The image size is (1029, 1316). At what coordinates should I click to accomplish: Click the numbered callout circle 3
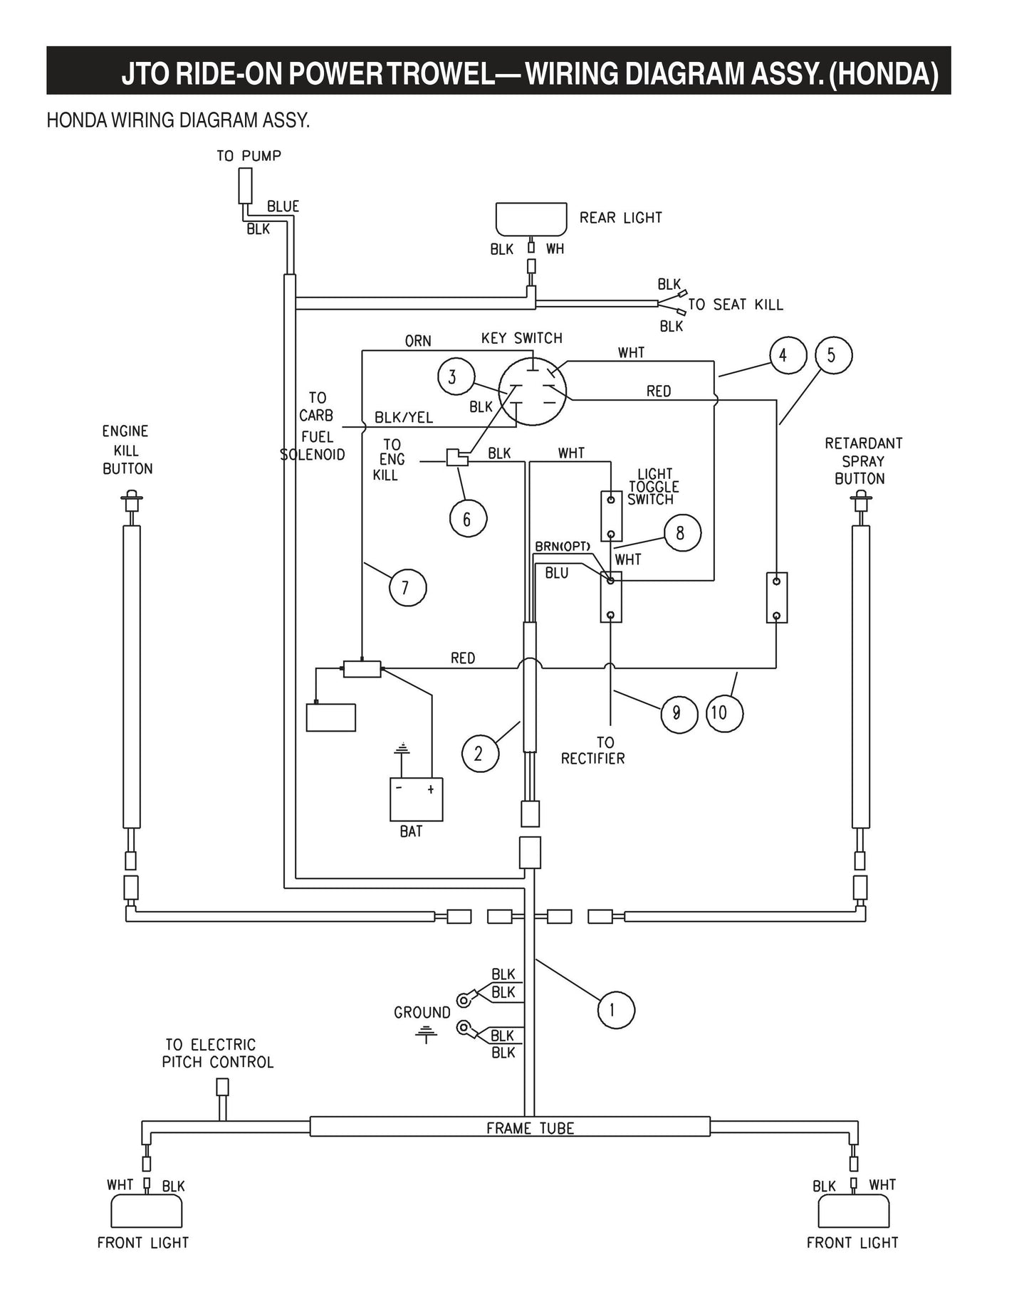451,377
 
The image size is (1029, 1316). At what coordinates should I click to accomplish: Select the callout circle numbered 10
724,712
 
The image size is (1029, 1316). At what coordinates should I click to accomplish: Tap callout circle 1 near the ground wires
615,1009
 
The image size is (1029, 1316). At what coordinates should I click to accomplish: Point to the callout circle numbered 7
407,588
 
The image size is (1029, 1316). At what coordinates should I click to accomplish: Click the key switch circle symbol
532,392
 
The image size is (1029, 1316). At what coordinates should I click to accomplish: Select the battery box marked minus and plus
416,799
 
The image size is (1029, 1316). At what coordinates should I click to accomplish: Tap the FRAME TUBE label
530,1128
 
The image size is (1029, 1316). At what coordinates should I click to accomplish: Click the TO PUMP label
249,156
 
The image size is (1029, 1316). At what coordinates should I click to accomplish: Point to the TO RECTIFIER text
592,751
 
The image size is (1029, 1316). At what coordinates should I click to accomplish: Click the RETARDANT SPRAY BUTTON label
863,460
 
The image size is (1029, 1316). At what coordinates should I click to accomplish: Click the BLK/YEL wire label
404,418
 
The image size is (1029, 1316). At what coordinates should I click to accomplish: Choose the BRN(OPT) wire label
563,546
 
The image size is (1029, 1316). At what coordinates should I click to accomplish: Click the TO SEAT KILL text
735,305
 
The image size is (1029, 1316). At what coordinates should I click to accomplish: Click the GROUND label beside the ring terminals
422,1012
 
